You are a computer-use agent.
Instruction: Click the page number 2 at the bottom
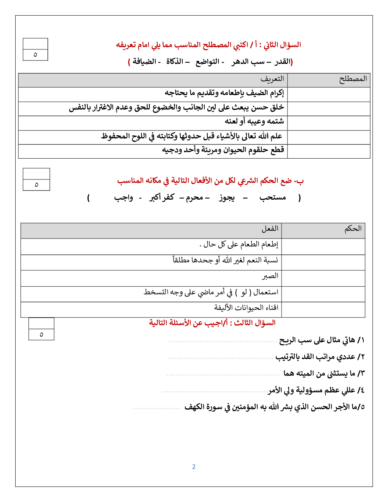tap(194, 467)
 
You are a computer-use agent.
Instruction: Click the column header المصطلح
tap(353, 79)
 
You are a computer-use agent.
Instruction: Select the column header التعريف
tap(272, 79)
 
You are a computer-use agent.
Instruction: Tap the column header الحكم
tap(353, 229)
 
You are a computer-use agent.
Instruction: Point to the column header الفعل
tap(270, 229)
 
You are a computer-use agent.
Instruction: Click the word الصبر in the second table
tap(270, 276)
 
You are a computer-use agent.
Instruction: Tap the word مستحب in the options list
tap(273, 197)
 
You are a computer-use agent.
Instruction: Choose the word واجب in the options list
tap(124, 197)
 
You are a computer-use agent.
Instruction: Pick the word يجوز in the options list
tap(227, 197)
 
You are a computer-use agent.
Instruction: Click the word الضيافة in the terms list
tap(145, 62)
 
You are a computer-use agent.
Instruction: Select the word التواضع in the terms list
tap(207, 62)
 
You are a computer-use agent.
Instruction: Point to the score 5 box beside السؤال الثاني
tap(35, 55)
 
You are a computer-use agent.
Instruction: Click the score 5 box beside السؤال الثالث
tap(41, 334)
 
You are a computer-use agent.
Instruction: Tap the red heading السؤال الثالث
tap(254, 323)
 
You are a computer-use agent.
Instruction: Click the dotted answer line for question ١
tap(223, 342)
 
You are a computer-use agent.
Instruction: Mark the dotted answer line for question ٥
tap(157, 408)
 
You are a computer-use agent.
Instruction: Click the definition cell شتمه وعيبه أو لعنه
tap(254, 121)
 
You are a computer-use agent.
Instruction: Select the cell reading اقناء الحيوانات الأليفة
tap(246, 308)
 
